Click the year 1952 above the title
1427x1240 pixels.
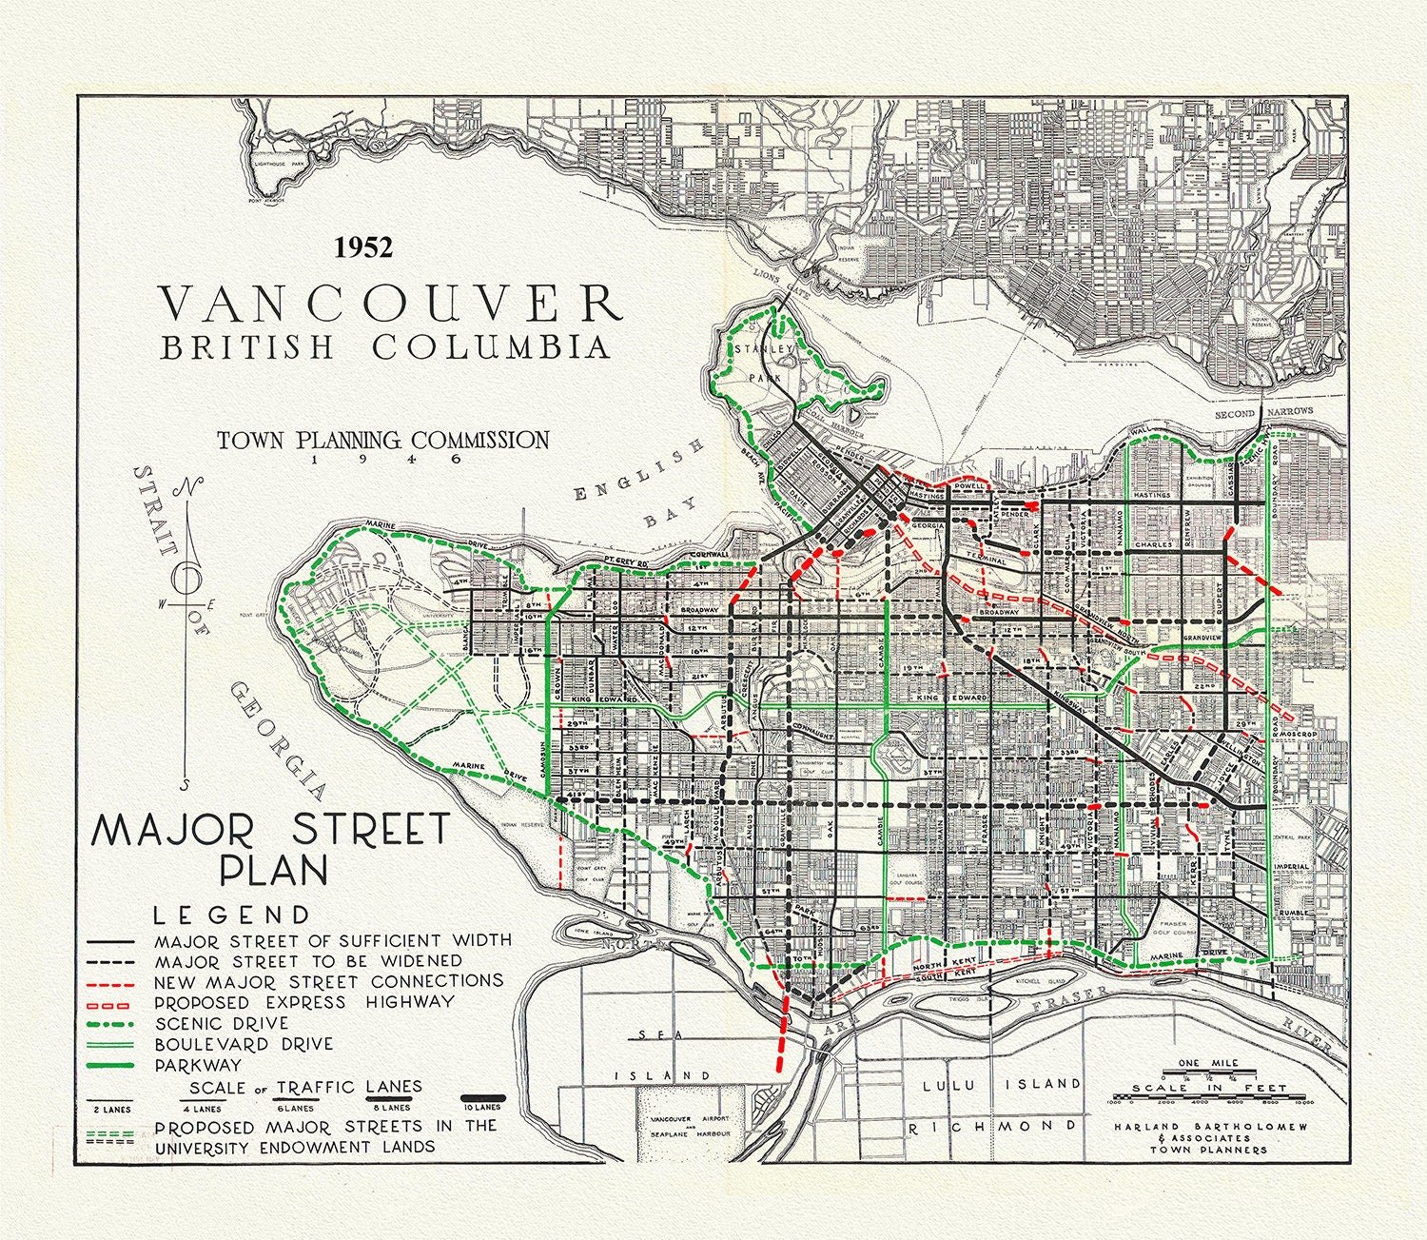pos(362,247)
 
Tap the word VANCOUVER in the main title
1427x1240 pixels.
pos(390,304)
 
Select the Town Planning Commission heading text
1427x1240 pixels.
pos(382,440)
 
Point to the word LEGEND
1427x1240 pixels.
pos(232,915)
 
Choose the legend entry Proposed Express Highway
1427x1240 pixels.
pos(303,1002)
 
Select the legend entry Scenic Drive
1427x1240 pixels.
pos(221,1023)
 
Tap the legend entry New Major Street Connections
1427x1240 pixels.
pos(327,980)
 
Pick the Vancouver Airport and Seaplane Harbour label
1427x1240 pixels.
pos(684,1127)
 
